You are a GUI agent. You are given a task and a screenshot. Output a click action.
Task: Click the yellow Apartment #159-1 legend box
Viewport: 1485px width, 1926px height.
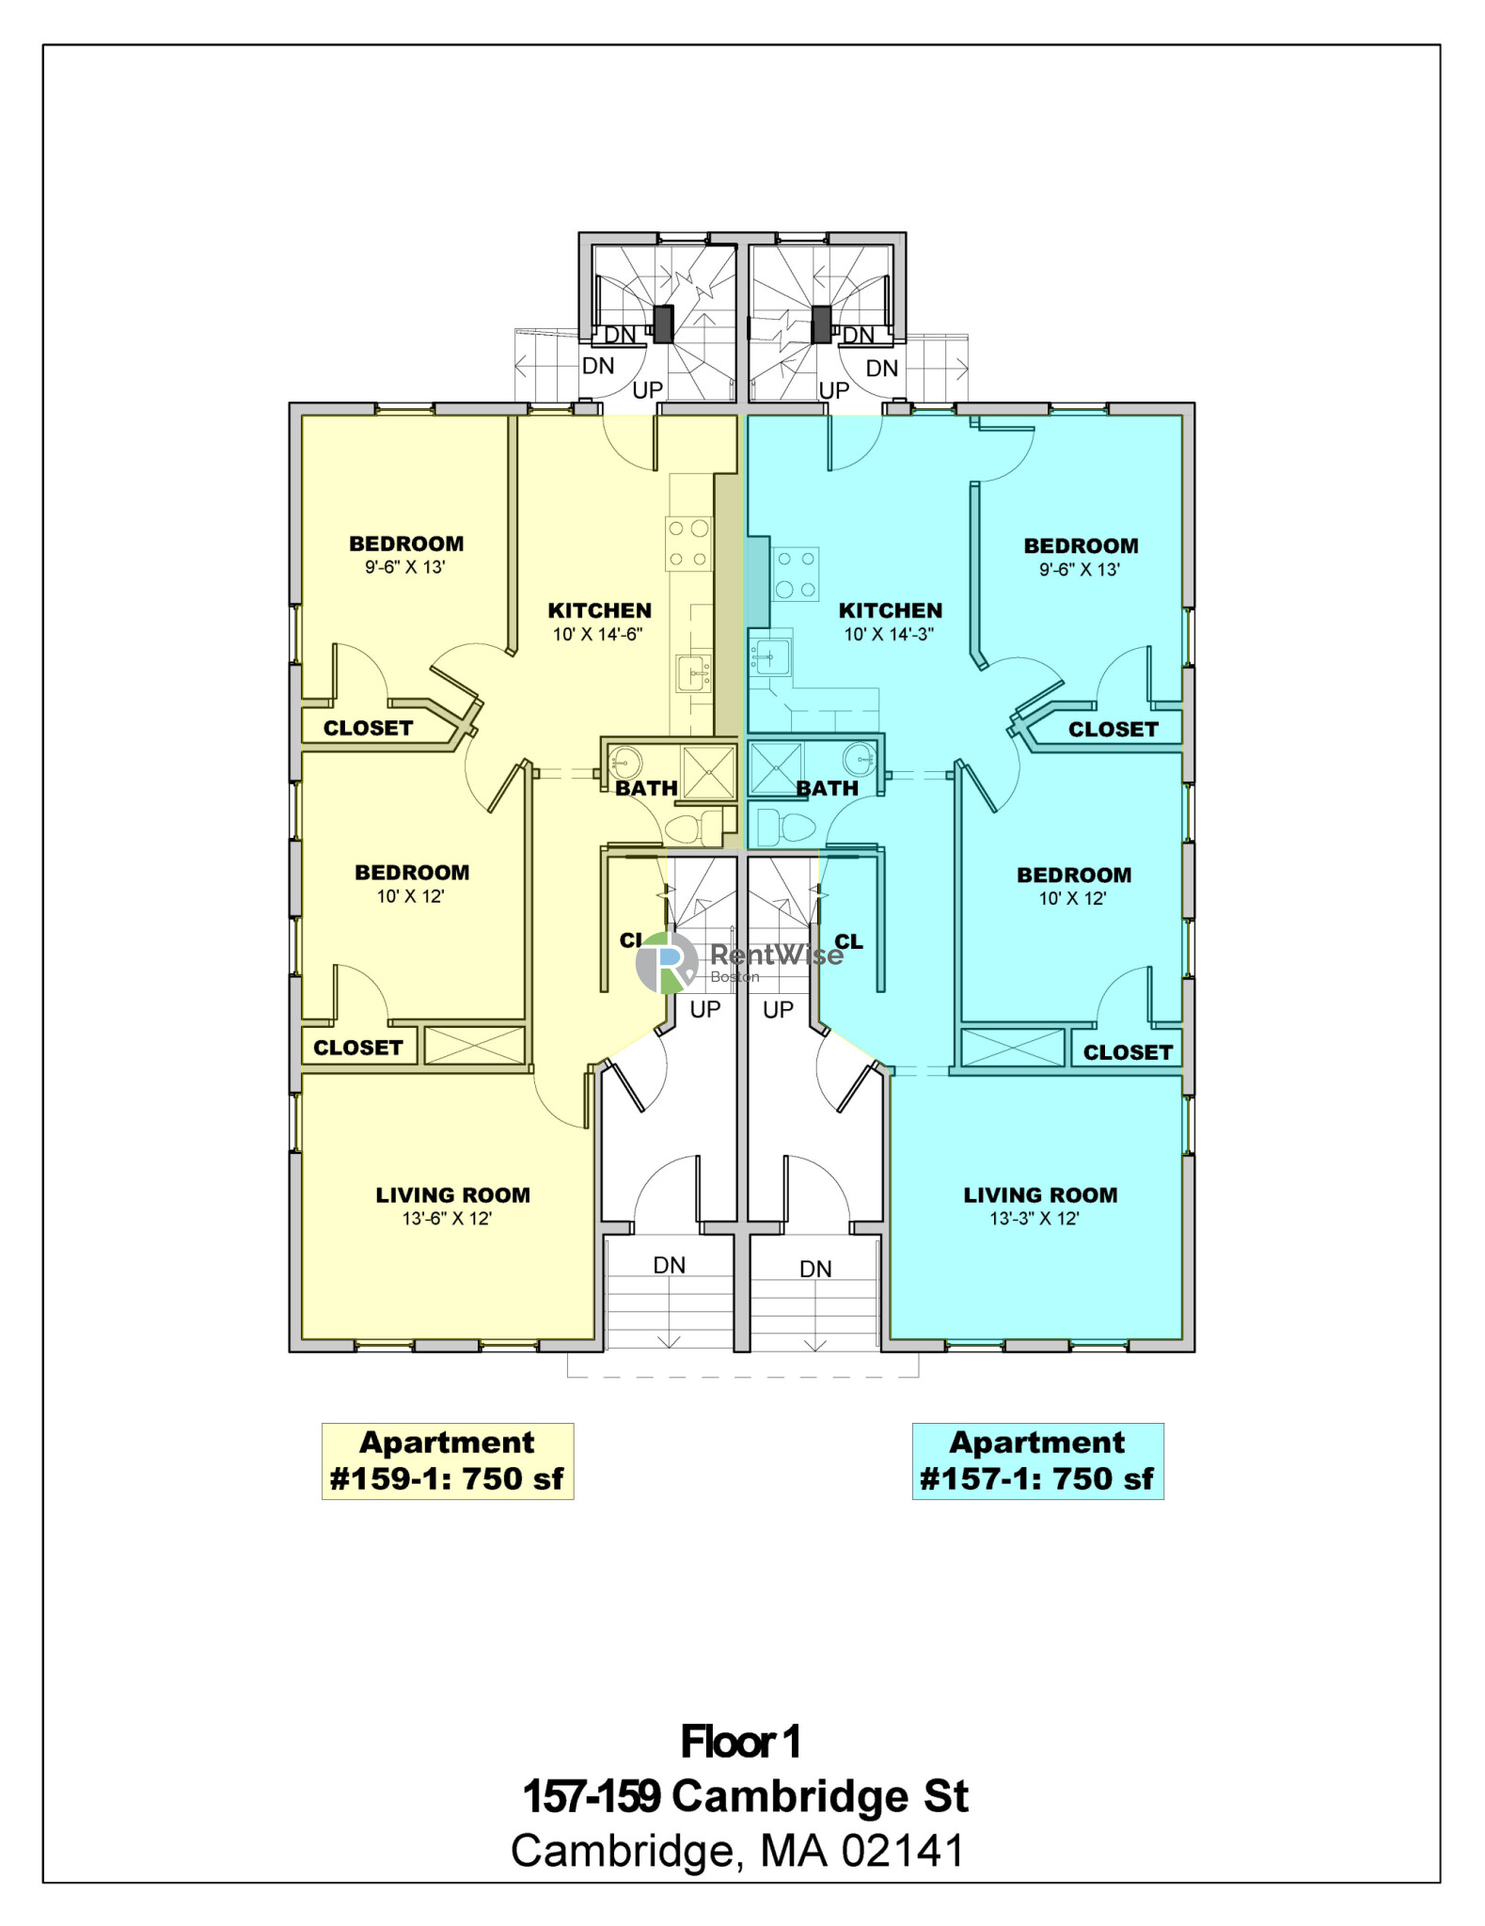(448, 1460)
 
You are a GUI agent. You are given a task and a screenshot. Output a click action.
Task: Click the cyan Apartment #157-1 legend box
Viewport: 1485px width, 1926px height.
(1037, 1460)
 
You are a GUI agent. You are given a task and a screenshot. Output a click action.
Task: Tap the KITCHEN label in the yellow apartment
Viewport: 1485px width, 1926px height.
(599, 610)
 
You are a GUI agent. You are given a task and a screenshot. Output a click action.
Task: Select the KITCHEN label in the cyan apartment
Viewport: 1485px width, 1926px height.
(890, 610)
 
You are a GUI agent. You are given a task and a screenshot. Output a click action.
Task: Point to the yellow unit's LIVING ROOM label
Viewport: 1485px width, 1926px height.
(452, 1195)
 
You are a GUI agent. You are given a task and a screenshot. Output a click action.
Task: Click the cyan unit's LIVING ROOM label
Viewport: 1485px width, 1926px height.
(1040, 1195)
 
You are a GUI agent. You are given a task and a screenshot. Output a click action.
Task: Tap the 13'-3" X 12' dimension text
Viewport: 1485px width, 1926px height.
(1035, 1219)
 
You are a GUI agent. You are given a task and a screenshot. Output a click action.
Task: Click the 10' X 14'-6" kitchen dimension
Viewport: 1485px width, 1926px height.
(597, 635)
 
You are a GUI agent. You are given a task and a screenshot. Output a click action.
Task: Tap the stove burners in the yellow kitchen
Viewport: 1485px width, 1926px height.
(688, 544)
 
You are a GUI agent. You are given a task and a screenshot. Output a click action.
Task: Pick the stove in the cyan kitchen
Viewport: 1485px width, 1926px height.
(796, 575)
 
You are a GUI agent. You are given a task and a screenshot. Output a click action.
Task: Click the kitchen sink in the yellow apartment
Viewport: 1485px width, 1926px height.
(694, 674)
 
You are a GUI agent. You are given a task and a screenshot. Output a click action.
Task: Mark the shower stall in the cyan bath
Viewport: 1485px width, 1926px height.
(776, 769)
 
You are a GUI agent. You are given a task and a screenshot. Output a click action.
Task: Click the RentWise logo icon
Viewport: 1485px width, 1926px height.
(667, 962)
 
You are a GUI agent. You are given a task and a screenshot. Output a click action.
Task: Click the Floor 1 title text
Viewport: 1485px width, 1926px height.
(741, 1742)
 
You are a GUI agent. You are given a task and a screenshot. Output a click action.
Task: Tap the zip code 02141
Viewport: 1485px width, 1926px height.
(903, 1851)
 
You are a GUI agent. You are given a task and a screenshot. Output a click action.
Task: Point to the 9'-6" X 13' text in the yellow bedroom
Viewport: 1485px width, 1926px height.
(405, 567)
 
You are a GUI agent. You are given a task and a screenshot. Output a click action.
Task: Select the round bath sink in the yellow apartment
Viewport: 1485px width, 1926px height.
(624, 760)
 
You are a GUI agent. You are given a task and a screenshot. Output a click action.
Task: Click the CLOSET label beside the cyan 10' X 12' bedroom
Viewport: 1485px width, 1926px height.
(1128, 1052)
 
